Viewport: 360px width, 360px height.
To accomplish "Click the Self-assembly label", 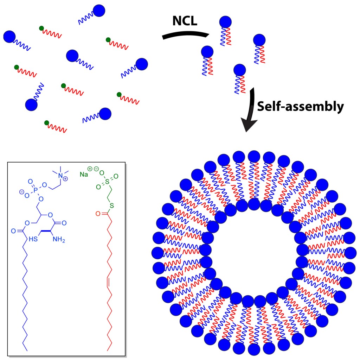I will click(300, 106).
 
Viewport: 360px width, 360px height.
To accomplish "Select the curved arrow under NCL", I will click(186, 34).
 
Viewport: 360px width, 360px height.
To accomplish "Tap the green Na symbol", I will click(84, 174).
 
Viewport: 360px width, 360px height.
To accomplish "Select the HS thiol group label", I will click(33, 240).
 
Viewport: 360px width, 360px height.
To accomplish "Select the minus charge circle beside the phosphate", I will click(21, 192).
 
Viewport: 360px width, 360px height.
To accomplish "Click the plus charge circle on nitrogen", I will click(65, 179).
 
